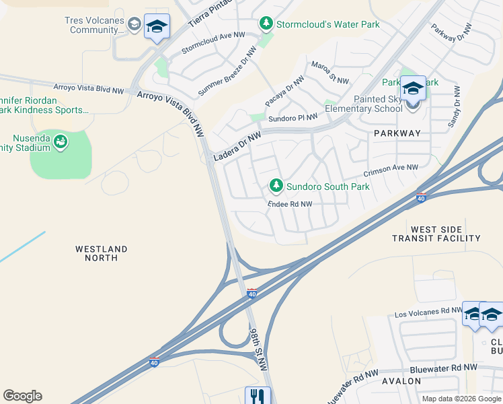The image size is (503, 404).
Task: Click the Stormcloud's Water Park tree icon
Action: [266, 24]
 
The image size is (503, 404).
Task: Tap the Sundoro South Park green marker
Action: [276, 185]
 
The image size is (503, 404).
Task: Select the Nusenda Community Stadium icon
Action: [61, 141]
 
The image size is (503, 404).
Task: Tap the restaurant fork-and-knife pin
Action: [257, 395]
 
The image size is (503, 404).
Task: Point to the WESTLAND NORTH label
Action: [101, 253]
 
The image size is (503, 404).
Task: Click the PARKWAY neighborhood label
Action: [397, 133]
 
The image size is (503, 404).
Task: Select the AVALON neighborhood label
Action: [401, 381]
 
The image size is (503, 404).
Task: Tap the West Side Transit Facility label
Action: [437, 234]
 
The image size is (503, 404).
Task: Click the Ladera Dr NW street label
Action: [237, 145]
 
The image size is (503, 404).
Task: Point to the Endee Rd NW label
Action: [290, 204]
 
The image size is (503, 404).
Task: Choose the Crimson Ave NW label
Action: [391, 168]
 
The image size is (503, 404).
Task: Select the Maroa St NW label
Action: [329, 73]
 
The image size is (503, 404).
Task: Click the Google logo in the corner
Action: [22, 396]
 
